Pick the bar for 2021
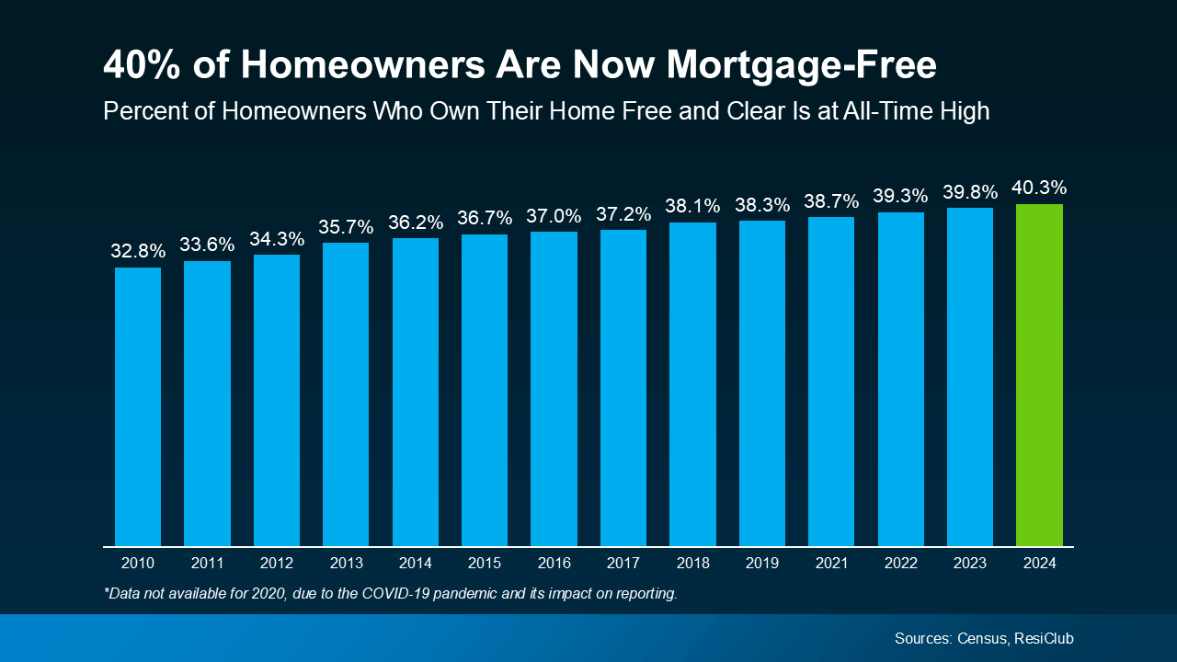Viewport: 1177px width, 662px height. click(831, 382)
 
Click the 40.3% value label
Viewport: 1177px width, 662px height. click(1039, 188)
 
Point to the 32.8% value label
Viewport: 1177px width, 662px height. click(138, 251)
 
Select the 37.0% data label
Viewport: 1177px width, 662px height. click(554, 216)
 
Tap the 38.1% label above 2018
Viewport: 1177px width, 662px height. click(692, 206)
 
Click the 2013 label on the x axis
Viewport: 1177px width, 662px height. click(346, 563)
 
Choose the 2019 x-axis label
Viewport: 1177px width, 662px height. click(761, 563)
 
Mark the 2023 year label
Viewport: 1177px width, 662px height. click(970, 563)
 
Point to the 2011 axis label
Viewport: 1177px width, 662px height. click(207, 563)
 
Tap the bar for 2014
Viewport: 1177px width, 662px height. click(415, 392)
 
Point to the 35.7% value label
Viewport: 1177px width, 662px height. click(346, 226)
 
